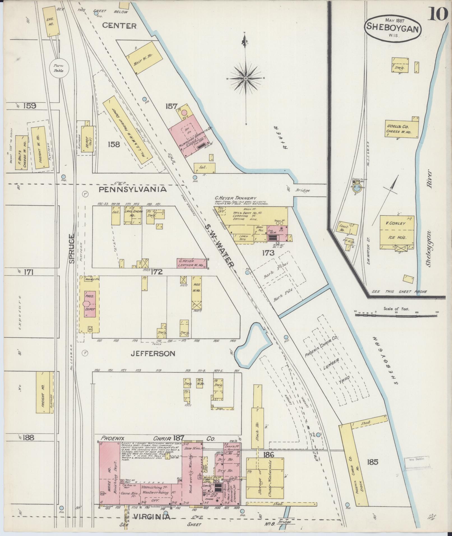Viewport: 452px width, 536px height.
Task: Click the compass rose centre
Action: pyautogui.click(x=246, y=78)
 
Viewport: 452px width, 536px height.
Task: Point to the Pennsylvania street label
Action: pyautogui.click(x=133, y=189)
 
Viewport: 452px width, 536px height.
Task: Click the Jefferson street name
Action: pyautogui.click(x=153, y=354)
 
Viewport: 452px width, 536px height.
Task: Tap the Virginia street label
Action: pyautogui.click(x=151, y=517)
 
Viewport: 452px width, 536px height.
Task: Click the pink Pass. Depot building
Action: pyautogui.click(x=90, y=304)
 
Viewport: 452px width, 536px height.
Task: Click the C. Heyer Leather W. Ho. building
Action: pyautogui.click(x=191, y=263)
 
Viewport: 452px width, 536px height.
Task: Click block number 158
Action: pyautogui.click(x=113, y=145)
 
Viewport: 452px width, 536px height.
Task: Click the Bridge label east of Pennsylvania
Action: pyautogui.click(x=302, y=191)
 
